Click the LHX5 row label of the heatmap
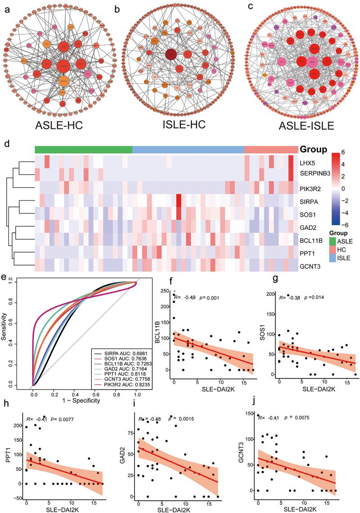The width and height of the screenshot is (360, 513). coord(312,161)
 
